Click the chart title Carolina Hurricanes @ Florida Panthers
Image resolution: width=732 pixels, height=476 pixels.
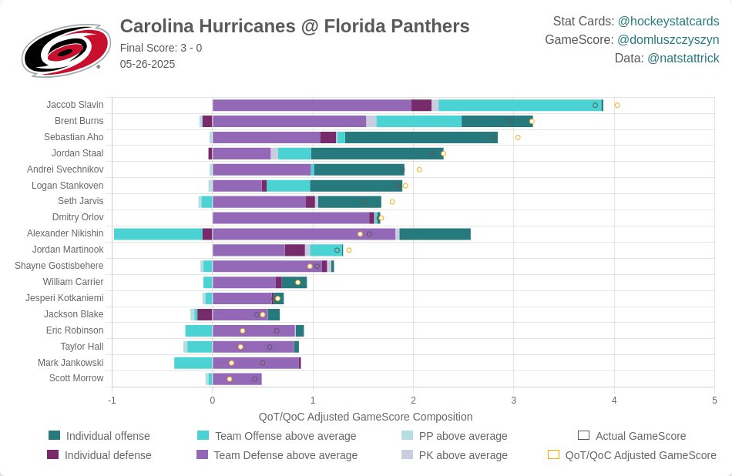coord(294,26)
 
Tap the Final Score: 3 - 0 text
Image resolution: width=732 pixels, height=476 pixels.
coord(161,48)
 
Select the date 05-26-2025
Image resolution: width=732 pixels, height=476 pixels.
coord(147,64)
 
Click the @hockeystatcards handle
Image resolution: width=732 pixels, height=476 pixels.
coord(668,22)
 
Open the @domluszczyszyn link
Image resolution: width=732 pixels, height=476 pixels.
coord(668,40)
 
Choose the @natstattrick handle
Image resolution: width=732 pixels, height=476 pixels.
coord(683,59)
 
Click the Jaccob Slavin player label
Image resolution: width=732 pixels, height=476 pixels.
coord(75,105)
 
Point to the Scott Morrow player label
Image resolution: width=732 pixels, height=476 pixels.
coord(76,378)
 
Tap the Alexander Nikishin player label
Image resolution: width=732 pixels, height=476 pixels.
coord(65,233)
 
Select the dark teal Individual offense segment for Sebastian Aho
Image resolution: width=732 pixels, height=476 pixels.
coord(421,138)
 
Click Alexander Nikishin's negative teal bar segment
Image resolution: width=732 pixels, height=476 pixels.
coord(158,234)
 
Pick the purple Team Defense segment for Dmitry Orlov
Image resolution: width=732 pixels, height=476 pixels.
coord(290,218)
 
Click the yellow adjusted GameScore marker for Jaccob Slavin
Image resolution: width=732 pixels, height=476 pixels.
coord(616,106)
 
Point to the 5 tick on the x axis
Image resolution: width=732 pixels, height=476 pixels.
coord(714,401)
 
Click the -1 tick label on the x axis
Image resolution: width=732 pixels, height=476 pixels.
coord(112,401)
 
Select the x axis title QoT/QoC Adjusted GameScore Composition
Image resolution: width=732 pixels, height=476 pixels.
coord(365,417)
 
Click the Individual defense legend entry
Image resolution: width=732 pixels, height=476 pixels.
coord(99,455)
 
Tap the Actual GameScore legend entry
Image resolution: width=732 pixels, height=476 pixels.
coord(632,436)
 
